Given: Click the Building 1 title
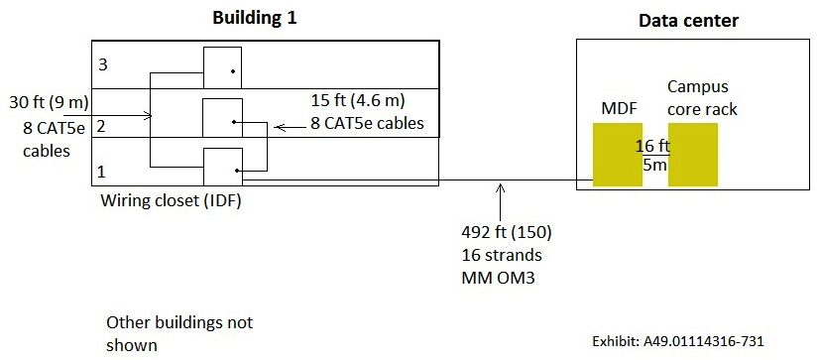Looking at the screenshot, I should [x=255, y=18].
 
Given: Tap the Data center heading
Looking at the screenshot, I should [x=687, y=20].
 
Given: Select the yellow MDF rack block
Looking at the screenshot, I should [x=618, y=154].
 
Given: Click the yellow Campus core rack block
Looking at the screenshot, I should [x=692, y=154].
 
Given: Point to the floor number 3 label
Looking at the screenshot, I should [x=102, y=63].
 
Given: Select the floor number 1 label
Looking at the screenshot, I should [x=102, y=173].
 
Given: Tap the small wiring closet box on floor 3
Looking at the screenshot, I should [x=222, y=66].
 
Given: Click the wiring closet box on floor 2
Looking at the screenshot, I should [x=222, y=118].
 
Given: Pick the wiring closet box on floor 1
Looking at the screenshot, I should [x=222, y=166].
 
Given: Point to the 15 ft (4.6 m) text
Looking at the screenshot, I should [x=358, y=102].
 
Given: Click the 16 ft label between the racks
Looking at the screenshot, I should [x=649, y=145].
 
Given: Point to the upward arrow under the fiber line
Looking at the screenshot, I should [x=502, y=198].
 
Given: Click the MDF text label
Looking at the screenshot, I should [x=619, y=107].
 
